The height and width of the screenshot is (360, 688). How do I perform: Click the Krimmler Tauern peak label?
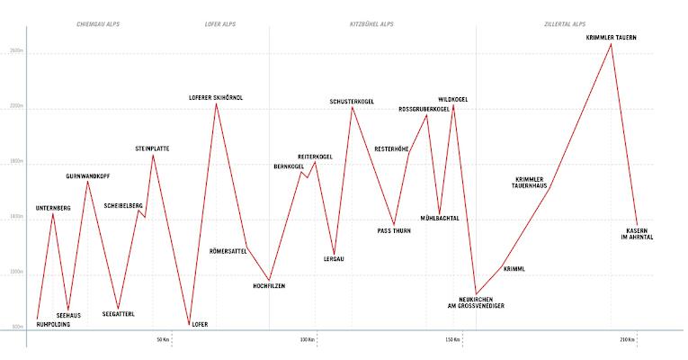click(612, 37)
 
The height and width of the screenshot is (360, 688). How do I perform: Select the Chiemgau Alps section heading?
click(98, 24)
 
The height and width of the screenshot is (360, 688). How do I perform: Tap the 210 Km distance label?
click(627, 339)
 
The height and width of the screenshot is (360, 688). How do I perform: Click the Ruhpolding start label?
click(53, 324)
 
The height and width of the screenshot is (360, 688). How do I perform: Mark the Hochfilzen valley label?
click(270, 286)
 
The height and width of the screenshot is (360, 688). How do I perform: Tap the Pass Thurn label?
click(394, 230)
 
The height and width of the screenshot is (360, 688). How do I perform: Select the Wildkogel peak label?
click(452, 99)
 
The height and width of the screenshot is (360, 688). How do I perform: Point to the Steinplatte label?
click(152, 148)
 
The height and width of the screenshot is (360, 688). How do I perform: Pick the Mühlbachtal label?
click(440, 218)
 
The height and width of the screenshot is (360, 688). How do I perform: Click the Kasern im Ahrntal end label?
click(639, 233)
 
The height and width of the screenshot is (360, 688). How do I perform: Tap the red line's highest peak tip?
click(612, 44)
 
